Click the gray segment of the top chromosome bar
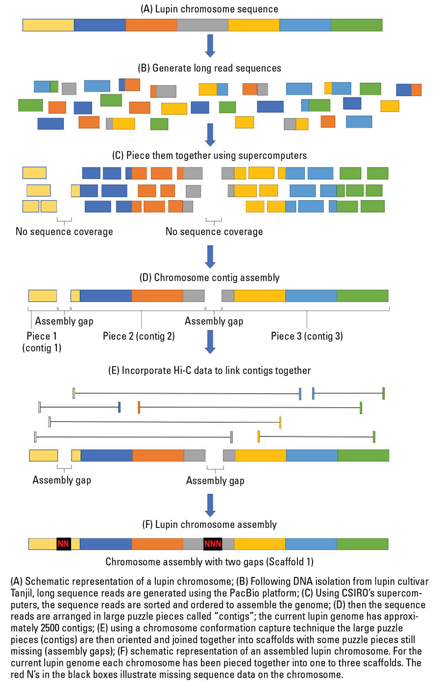pos(203,25)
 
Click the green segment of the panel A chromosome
pos(357,25)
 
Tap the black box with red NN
pos(64,544)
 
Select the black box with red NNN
pos(213,544)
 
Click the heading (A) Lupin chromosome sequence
pos(209,9)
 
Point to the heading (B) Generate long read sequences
pos(209,68)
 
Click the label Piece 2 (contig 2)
pos(139,336)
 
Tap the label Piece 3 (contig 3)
pos(307,336)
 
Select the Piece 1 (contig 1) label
pos(42,342)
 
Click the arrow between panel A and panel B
pos(210,46)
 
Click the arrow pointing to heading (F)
pos(210,505)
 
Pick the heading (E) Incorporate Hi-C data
pos(209,370)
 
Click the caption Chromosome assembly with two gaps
pos(209,562)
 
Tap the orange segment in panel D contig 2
pos(157,296)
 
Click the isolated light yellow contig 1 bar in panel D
pos(43,296)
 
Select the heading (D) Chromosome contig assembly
pos(209,277)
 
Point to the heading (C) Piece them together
pos(209,155)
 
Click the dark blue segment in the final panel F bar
pos(106,544)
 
